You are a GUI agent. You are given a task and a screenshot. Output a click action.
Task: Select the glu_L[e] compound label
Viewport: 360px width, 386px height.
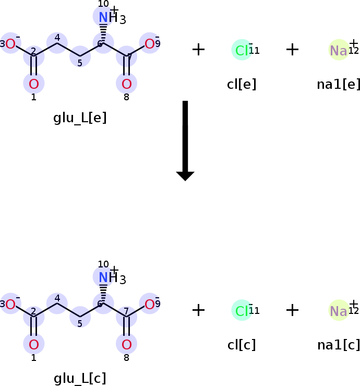pos(80,118)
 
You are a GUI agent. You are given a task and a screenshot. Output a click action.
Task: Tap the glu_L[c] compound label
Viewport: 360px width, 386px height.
pos(80,379)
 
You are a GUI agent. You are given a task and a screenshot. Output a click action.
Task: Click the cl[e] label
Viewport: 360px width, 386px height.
pos(242,84)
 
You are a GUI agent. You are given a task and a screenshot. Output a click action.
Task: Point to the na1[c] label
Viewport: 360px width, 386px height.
pos(339,345)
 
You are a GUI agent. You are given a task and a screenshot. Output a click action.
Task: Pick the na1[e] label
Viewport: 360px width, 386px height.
pos(339,84)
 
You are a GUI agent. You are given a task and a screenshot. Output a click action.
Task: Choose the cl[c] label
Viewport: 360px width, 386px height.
pos(242,345)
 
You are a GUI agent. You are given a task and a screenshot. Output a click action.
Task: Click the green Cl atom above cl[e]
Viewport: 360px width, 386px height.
pos(242,50)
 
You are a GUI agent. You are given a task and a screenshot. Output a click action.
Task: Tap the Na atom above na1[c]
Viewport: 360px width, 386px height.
pos(339,311)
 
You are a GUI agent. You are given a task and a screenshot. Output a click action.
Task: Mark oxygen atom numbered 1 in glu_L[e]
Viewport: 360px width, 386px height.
pos(34,84)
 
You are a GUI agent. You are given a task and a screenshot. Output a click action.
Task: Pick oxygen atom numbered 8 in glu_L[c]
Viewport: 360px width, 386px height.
pos(126,344)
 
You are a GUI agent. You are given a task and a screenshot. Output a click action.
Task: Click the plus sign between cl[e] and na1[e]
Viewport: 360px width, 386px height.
pos(292,50)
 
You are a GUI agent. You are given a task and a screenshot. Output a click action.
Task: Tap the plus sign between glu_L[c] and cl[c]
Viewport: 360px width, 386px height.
pos(198,310)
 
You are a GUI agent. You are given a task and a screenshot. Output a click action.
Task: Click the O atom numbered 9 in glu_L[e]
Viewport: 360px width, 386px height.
pos(150,44)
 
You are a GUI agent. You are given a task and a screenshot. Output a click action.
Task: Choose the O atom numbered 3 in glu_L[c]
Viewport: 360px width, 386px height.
pos(11,305)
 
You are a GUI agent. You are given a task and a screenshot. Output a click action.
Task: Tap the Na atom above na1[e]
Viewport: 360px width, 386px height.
pos(339,50)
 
